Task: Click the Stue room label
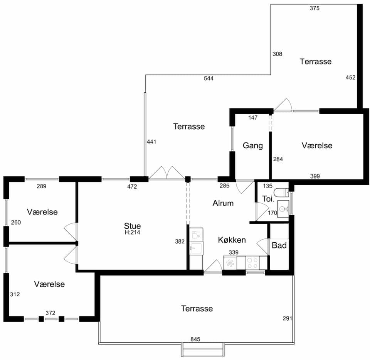pyautogui.click(x=132, y=226)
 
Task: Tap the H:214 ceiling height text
pyautogui.click(x=132, y=232)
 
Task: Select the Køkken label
pyautogui.click(x=232, y=240)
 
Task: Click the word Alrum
pyautogui.click(x=223, y=203)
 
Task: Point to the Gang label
pyautogui.click(x=253, y=145)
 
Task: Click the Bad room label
pyautogui.click(x=279, y=245)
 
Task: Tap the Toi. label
pyautogui.click(x=268, y=199)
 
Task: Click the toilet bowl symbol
pyautogui.click(x=282, y=192)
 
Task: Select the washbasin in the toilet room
pyautogui.click(x=283, y=209)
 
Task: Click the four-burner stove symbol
pyautogui.click(x=252, y=263)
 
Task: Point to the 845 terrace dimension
pyautogui.click(x=195, y=339)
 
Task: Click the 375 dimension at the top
pyautogui.click(x=314, y=8)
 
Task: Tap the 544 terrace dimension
pyautogui.click(x=209, y=78)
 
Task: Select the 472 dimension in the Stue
pyautogui.click(x=132, y=187)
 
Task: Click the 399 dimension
pyautogui.click(x=315, y=176)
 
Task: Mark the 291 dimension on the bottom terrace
pyautogui.click(x=288, y=318)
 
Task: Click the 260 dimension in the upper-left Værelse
pyautogui.click(x=16, y=222)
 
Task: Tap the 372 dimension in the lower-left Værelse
pyautogui.click(x=50, y=313)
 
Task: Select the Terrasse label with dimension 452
pyautogui.click(x=316, y=61)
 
